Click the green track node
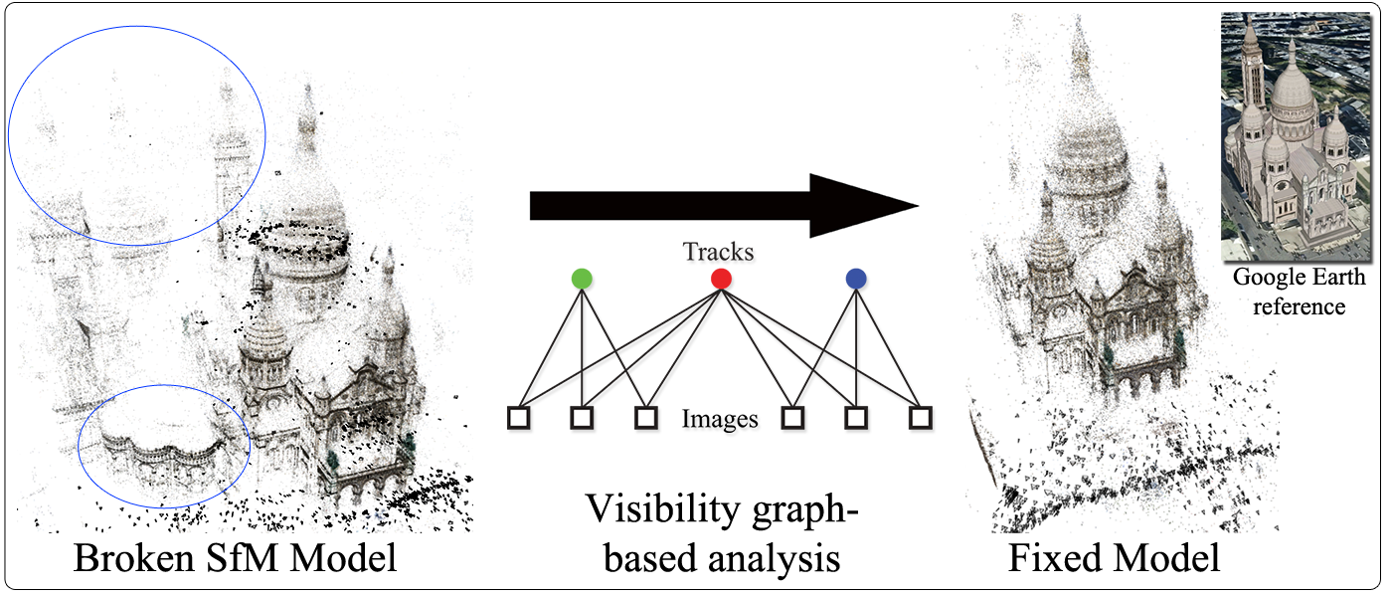582,280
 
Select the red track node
722,280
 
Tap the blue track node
856,280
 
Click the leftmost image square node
518,418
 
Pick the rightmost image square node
921,418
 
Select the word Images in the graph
720,420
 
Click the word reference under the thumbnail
1298,305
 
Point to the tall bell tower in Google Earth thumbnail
1251,70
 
